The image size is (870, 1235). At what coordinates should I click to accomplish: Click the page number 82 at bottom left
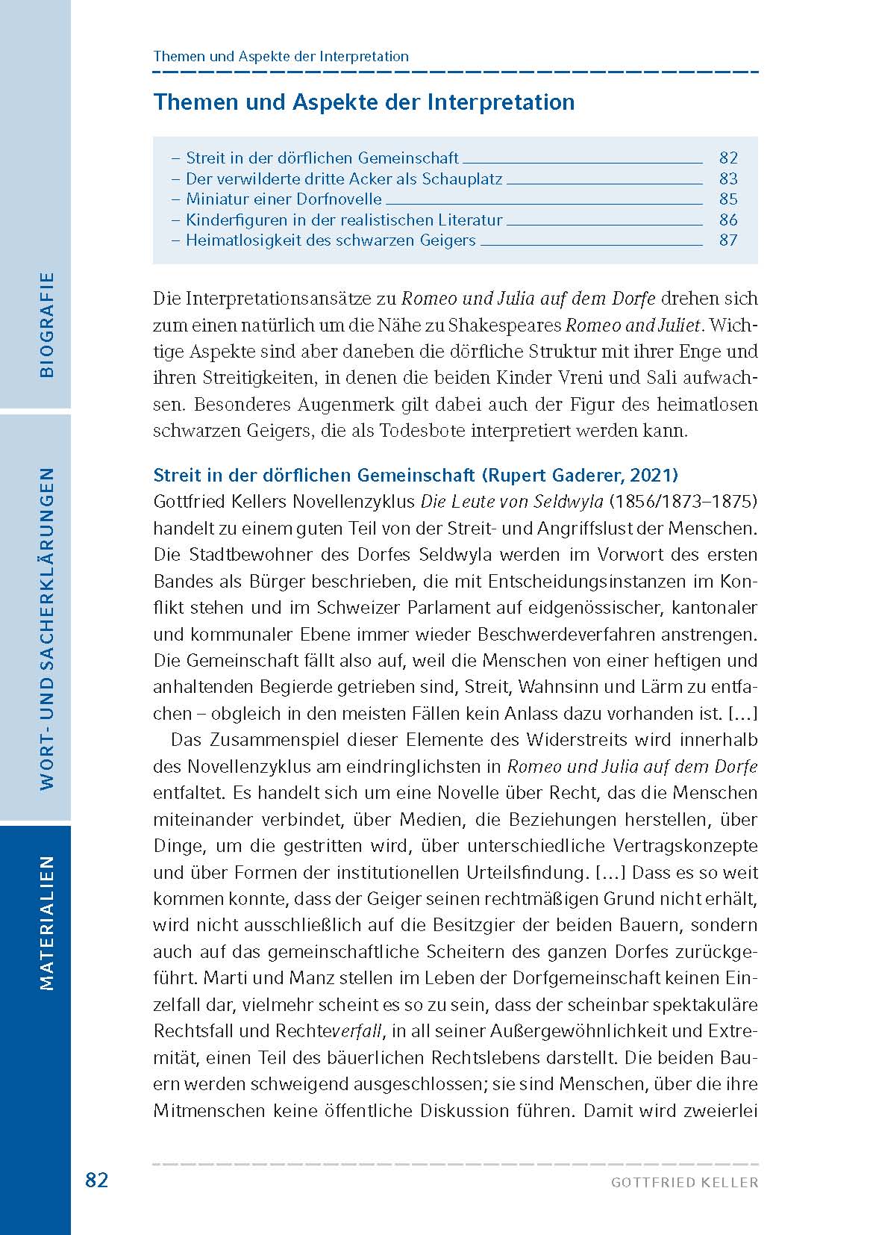point(97,1180)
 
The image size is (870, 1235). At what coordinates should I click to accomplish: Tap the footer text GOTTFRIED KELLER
point(684,1183)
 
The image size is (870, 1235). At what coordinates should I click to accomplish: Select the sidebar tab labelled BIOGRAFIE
point(47,324)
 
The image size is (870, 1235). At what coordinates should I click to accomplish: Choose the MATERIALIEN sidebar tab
point(47,922)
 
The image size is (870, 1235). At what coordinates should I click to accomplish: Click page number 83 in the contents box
point(728,178)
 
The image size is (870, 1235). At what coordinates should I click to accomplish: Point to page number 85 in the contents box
point(728,199)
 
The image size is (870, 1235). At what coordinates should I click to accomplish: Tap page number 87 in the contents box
point(728,240)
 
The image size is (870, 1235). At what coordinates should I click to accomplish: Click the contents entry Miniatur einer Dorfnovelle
point(284,199)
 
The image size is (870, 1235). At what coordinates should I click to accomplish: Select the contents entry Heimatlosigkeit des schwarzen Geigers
point(331,240)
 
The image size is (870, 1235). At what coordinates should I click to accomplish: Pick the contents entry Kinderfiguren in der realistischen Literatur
point(344,220)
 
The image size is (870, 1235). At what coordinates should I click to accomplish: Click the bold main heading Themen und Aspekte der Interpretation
point(363,102)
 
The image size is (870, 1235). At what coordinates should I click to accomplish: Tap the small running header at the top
point(281,57)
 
